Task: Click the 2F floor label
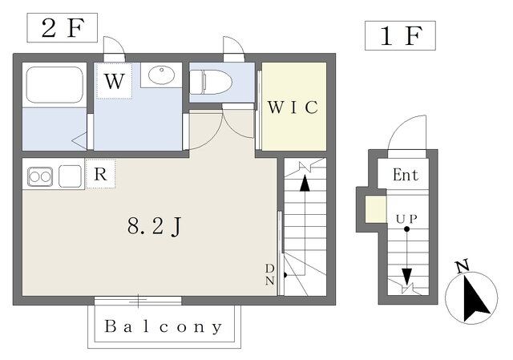click(63, 28)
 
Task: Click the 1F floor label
click(400, 35)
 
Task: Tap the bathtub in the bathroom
click(55, 85)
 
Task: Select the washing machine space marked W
click(115, 81)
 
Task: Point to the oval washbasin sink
click(161, 75)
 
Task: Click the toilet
click(211, 82)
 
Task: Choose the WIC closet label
click(293, 107)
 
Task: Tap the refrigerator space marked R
click(100, 174)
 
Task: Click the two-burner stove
click(40, 176)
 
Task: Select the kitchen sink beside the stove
click(70, 176)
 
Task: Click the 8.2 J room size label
click(154, 226)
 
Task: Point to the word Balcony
click(164, 326)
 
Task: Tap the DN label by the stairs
click(270, 274)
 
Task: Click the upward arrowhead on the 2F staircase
click(305, 184)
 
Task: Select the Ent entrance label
click(406, 175)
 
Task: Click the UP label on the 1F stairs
click(406, 219)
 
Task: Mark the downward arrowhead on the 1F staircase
click(406, 277)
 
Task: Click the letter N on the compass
click(463, 265)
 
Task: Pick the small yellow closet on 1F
click(376, 209)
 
